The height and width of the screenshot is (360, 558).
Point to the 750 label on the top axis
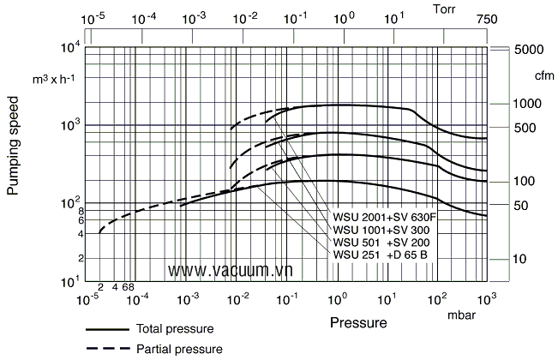point(488,18)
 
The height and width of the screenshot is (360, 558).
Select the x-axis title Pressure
point(357,323)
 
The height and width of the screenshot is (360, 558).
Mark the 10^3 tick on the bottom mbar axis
point(487,298)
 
